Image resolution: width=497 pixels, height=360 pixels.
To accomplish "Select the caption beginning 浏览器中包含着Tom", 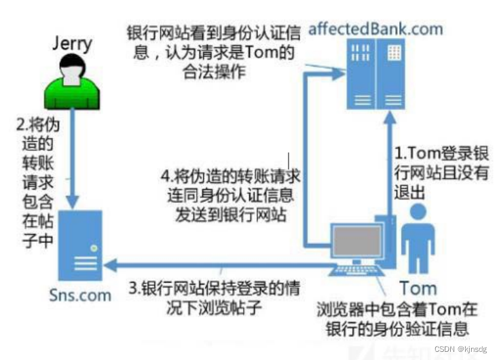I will pyautogui.click(x=397, y=320).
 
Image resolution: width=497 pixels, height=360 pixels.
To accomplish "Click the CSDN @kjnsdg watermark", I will pyautogui.click(x=462, y=349).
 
